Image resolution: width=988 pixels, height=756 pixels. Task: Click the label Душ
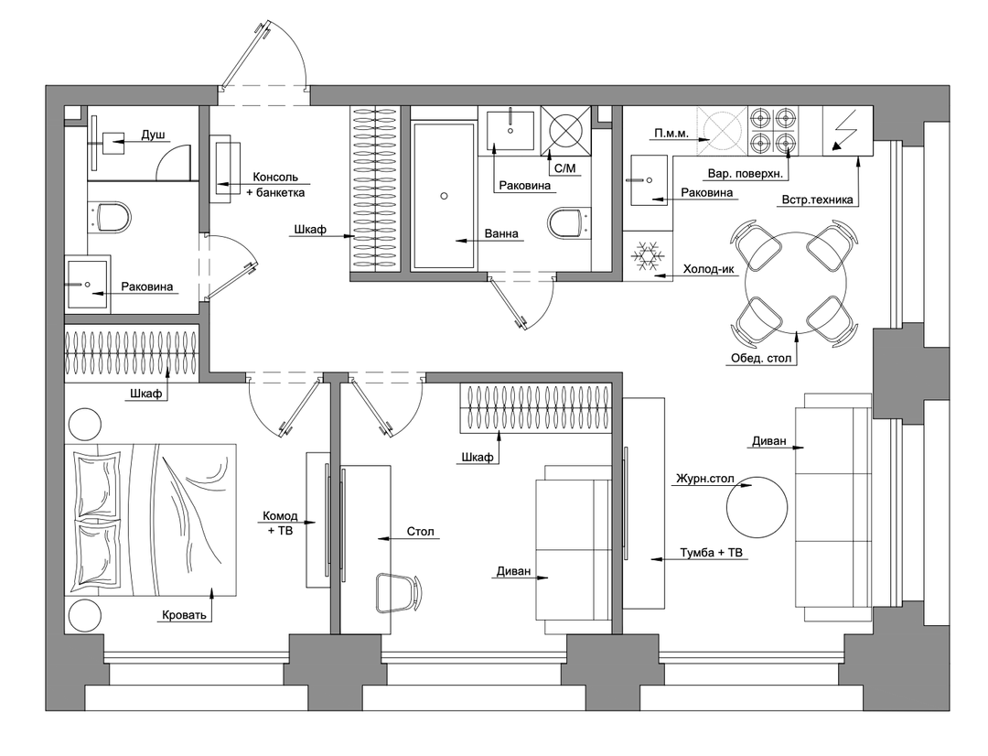153,135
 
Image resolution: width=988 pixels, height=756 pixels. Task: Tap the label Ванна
501,233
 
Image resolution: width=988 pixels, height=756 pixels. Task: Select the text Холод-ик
709,269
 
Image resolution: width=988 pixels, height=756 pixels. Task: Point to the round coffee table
757,507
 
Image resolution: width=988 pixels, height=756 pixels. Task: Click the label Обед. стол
760,358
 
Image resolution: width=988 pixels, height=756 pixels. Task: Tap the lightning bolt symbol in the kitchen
844,131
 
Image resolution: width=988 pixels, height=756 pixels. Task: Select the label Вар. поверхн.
745,173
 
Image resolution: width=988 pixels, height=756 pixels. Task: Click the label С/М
564,168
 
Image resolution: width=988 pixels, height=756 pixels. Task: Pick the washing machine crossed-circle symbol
566,131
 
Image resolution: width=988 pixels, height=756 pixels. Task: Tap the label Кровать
184,615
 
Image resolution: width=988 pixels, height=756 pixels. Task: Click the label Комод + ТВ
281,524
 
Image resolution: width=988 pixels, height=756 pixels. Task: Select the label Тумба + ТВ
712,553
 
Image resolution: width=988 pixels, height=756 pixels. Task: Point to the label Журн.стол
705,479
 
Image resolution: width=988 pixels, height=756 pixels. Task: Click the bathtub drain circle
445,196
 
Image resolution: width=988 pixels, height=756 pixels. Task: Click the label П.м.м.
671,134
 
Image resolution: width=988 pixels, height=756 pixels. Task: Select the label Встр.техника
817,200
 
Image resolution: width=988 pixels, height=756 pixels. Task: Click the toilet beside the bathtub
569,223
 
